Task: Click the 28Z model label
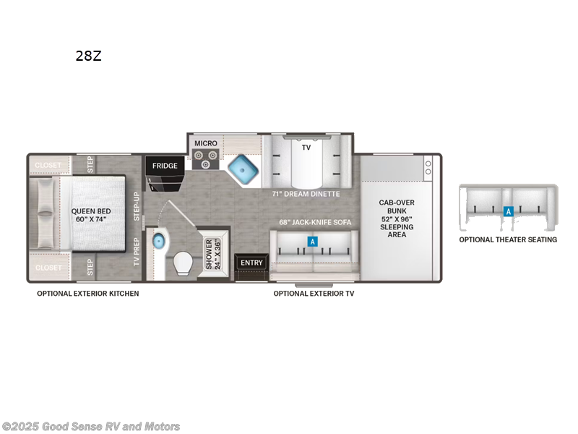coord(88,56)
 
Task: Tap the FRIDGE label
coord(165,166)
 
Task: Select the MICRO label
coord(205,143)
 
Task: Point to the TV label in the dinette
coord(306,147)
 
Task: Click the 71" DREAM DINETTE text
coord(306,194)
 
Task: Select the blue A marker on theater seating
coord(508,211)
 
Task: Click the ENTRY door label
coord(251,263)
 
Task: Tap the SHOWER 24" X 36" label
coord(213,254)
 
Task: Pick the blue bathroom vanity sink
coord(158,242)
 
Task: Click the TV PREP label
coord(137,252)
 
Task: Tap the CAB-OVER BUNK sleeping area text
coord(396,218)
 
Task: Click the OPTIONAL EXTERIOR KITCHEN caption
coord(88,294)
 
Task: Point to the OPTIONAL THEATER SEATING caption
coord(508,239)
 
